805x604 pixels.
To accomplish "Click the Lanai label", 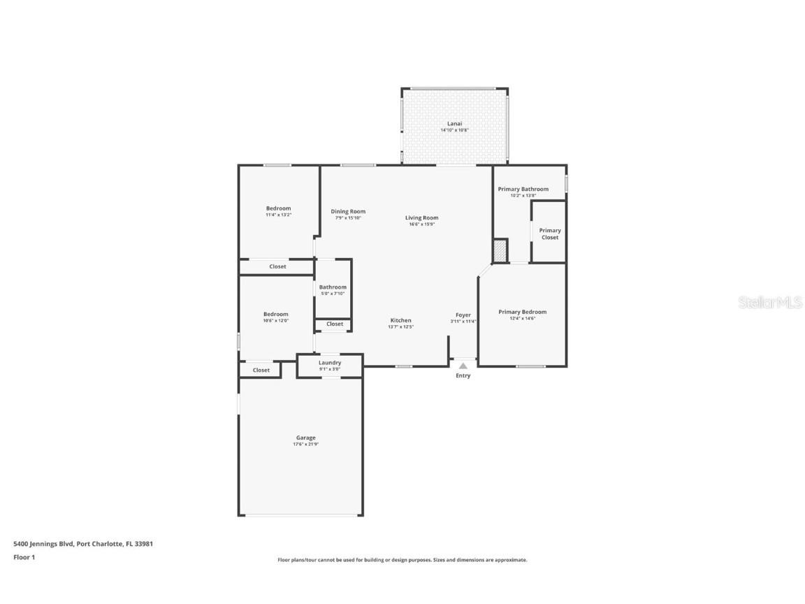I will click(x=455, y=124).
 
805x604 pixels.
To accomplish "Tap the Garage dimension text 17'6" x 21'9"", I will click(x=305, y=445).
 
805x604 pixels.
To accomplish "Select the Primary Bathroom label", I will click(x=523, y=189).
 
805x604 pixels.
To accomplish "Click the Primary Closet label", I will click(x=550, y=234).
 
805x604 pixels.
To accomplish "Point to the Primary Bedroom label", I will click(x=522, y=312).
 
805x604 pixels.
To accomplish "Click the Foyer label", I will click(x=463, y=315).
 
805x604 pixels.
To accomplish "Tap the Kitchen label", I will click(x=400, y=320).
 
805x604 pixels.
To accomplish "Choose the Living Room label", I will click(x=421, y=217).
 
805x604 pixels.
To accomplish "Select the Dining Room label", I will click(x=348, y=211).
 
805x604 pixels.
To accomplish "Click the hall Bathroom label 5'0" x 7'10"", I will click(x=333, y=287).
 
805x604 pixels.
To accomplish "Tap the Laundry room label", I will click(x=330, y=363).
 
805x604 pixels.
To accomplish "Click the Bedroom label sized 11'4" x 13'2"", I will click(x=278, y=208).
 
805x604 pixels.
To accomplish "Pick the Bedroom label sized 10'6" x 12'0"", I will click(x=275, y=315).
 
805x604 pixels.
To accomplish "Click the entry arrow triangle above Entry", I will click(x=463, y=365).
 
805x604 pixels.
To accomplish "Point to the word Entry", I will click(x=463, y=375).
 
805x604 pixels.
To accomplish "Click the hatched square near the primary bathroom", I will click(x=500, y=251).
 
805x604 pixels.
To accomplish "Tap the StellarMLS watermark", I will click(x=762, y=302).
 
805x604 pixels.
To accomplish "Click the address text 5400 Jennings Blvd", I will click(x=43, y=543).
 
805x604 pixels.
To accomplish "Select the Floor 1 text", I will click(x=24, y=557).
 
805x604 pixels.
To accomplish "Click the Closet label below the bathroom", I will click(x=335, y=324).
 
